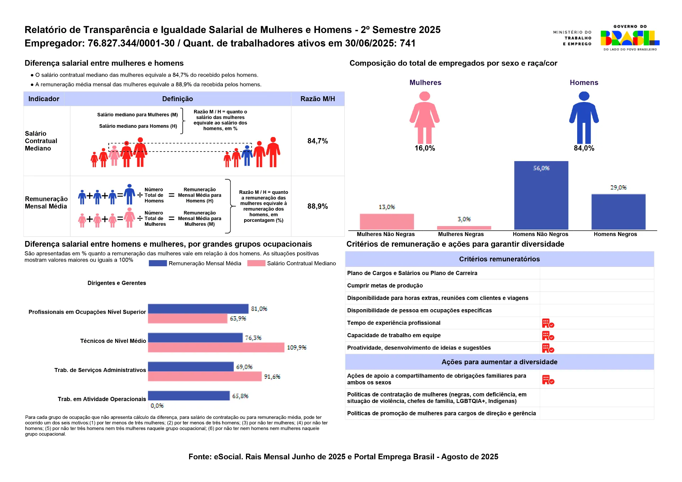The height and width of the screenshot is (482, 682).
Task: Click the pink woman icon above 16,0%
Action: [x=424, y=117]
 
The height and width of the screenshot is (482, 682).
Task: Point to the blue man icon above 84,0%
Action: [x=584, y=117]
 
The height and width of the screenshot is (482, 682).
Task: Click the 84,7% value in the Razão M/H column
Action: [x=317, y=141]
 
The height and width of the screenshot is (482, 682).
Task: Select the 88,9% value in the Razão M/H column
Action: [x=317, y=206]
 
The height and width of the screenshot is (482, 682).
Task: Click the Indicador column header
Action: [x=44, y=99]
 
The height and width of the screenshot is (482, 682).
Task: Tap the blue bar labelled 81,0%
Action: [x=198, y=309]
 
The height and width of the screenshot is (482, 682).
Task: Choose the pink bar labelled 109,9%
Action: [x=216, y=347]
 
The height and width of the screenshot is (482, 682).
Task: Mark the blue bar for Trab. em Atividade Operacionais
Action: [x=189, y=396]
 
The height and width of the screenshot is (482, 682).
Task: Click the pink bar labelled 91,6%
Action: [x=205, y=377]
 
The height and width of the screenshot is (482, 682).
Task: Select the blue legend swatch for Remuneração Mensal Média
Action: [x=158, y=263]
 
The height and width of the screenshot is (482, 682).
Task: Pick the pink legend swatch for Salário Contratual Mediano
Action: [x=256, y=263]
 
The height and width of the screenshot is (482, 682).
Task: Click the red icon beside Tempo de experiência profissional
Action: [x=548, y=323]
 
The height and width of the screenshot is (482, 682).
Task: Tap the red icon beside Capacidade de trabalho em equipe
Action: [x=548, y=335]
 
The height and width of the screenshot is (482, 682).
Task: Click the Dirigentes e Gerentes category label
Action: [x=117, y=283]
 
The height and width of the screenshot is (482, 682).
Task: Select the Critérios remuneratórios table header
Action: [x=499, y=259]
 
